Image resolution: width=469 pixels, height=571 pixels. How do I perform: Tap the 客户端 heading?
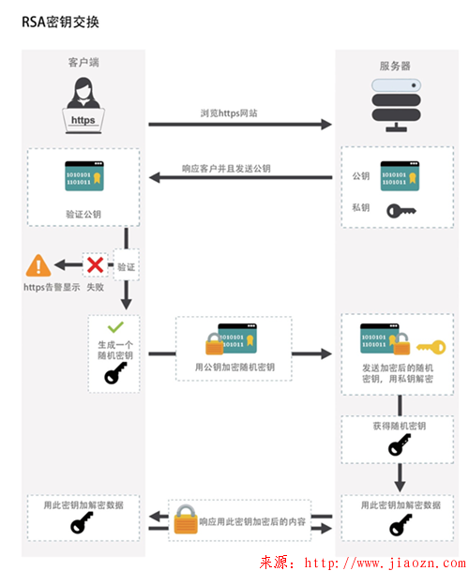(x=83, y=63)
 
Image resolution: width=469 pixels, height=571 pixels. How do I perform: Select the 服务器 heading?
(x=394, y=66)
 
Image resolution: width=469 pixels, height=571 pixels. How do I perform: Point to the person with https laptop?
(x=83, y=106)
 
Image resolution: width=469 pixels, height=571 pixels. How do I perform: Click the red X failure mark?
(x=95, y=265)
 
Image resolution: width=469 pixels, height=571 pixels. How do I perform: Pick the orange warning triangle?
(x=38, y=265)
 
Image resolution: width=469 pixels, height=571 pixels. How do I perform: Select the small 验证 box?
(x=126, y=267)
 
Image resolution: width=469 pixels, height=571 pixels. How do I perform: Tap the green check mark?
(x=114, y=328)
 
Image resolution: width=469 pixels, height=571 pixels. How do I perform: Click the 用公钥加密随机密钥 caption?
(x=234, y=368)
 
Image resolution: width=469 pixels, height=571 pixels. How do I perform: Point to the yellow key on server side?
(x=431, y=346)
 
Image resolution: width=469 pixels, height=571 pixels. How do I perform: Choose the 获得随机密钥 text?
(x=400, y=426)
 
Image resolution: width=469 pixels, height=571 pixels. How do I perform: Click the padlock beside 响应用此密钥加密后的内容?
(x=185, y=518)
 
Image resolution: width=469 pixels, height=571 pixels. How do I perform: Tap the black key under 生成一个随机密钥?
(x=114, y=375)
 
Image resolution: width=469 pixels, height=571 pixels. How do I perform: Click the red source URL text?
(x=361, y=562)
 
